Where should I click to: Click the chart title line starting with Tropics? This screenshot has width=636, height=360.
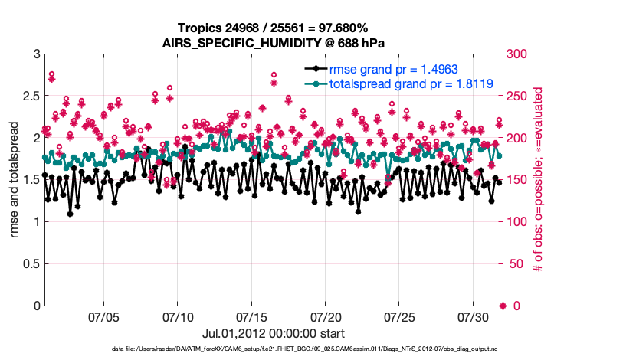point(273,28)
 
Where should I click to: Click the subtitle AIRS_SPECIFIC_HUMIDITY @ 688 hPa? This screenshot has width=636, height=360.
point(273,42)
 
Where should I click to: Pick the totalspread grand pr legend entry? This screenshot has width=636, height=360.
point(411,83)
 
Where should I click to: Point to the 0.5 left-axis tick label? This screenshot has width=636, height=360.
point(30,263)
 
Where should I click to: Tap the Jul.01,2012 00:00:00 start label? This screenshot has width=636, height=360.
point(273,333)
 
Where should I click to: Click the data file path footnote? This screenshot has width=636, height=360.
point(273,349)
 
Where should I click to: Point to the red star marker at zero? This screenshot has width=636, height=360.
point(503,306)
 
